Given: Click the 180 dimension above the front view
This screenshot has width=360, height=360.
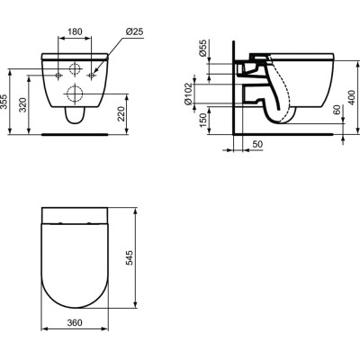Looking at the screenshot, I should point(74,32).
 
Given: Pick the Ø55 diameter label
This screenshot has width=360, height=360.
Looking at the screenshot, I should point(203,51).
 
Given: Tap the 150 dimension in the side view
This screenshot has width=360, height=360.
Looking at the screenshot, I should point(203,120).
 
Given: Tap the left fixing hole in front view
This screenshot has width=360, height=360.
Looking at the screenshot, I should point(58,75).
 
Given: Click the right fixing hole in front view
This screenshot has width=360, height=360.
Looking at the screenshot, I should point(91,75).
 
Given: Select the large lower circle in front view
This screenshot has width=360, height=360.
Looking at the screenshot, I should point(74,93).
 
